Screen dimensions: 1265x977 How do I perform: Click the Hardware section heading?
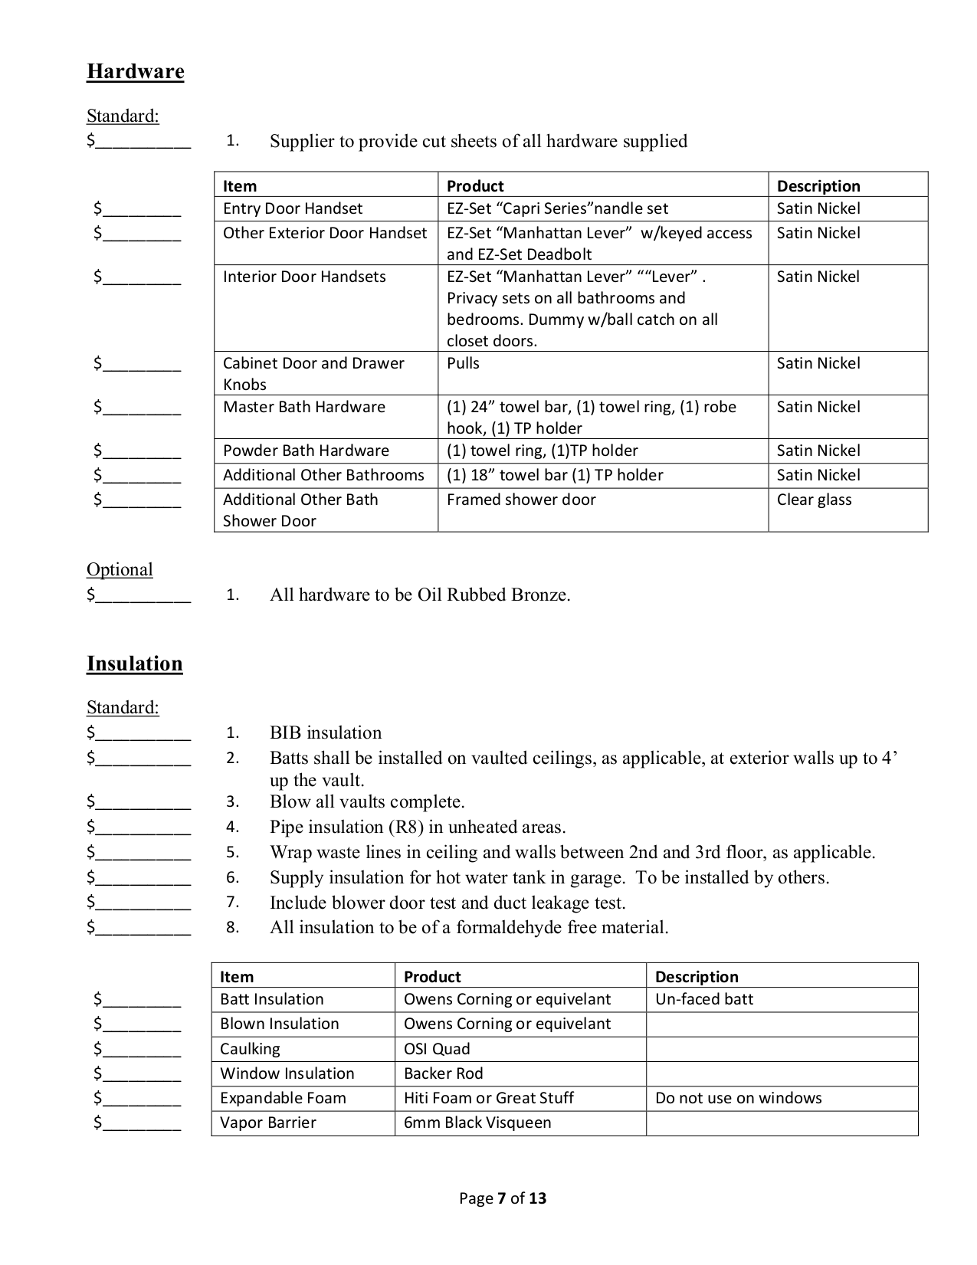click(x=135, y=71)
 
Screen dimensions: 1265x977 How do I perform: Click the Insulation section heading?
click(x=134, y=664)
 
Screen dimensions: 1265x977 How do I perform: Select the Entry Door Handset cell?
click(x=292, y=208)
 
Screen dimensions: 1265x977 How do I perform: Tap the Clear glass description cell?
click(x=814, y=500)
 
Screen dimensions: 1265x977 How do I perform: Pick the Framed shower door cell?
click(x=521, y=500)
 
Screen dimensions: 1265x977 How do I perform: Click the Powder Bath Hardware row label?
click(x=306, y=451)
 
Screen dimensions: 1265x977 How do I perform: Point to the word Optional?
click(x=120, y=569)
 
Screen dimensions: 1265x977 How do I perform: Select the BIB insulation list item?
click(x=325, y=732)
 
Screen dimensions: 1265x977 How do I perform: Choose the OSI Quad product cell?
click(x=437, y=1049)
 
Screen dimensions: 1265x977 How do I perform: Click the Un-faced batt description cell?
click(x=704, y=999)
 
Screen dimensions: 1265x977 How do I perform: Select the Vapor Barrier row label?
click(x=267, y=1122)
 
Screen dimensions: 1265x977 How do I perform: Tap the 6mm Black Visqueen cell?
click(x=477, y=1122)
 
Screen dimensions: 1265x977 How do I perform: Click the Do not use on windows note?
click(x=738, y=1098)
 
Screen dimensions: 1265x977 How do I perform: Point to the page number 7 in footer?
click(x=502, y=1198)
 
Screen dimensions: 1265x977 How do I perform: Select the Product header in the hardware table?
click(x=475, y=186)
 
